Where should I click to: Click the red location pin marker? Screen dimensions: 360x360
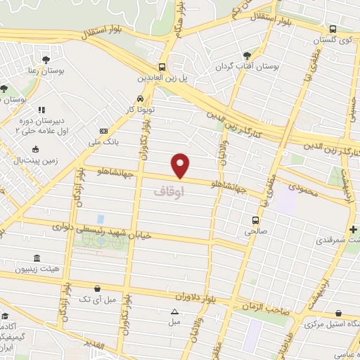coord(181,165)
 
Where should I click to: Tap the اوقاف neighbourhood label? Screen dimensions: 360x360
coord(168,190)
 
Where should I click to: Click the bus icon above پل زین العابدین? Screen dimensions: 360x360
coord(162,67)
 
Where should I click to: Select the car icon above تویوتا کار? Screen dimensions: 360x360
coord(141,98)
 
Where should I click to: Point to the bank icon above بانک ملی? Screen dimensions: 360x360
coord(104,131)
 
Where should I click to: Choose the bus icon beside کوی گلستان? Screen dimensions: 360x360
coord(333,29)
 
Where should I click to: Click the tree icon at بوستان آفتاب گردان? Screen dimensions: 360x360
coord(246,55)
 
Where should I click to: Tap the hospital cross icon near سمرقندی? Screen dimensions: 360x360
coord(352,230)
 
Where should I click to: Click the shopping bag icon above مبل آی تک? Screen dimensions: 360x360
coord(98,288)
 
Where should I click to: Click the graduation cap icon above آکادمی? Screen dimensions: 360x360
coord(6,316)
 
